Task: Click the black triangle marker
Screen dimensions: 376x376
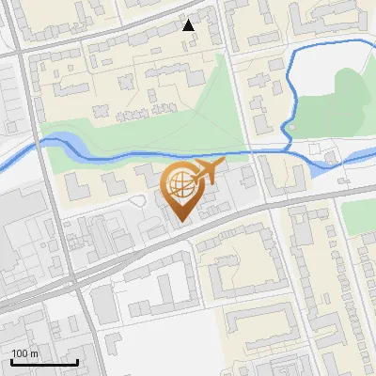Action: [189, 25]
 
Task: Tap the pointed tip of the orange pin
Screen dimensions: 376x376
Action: [179, 222]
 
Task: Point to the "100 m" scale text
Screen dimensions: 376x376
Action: [26, 353]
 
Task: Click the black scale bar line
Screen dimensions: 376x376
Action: [44, 362]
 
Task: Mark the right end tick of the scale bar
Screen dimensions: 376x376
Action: [77, 360]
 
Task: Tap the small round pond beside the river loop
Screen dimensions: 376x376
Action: [291, 126]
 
